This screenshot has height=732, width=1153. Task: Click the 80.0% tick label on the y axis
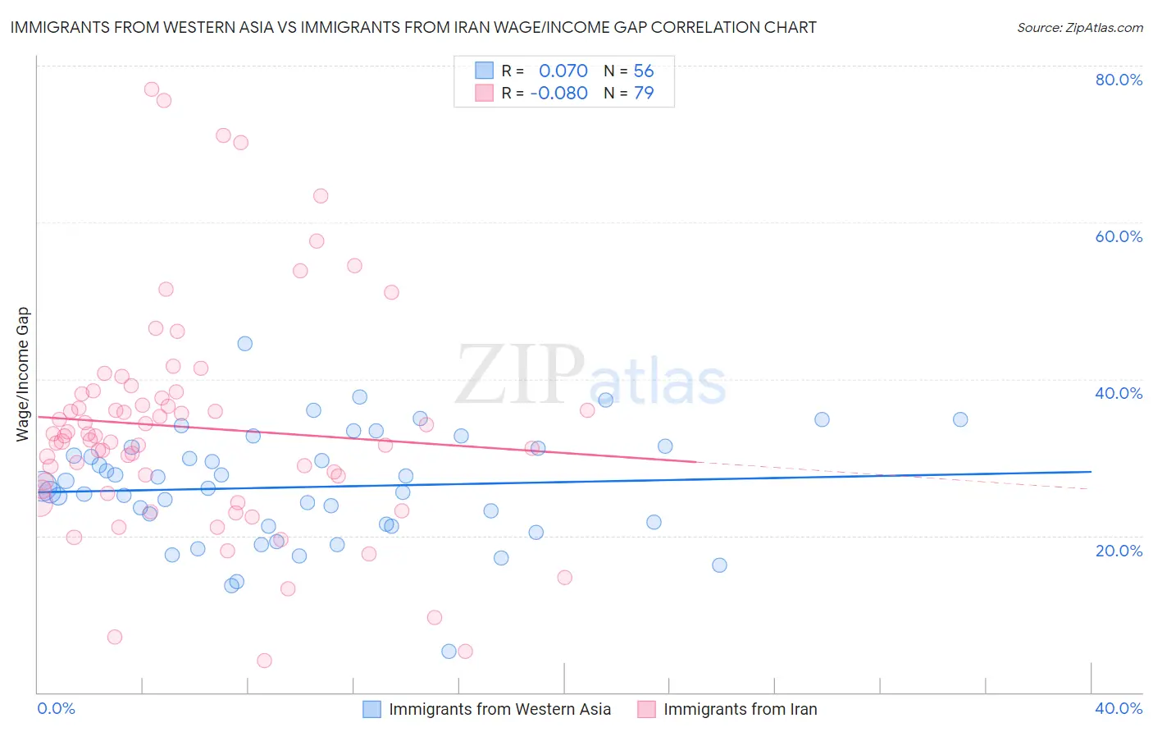tap(1119, 80)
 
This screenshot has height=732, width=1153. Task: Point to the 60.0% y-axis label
tap(1119, 236)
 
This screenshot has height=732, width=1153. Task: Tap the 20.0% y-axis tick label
tap(1119, 551)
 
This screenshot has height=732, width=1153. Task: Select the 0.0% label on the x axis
tap(56, 708)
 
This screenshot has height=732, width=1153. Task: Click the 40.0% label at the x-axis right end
tap(1119, 708)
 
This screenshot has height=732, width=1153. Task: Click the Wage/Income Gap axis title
tap(22, 374)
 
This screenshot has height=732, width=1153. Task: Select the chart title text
tap(413, 27)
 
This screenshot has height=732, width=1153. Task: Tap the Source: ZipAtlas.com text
tap(1079, 27)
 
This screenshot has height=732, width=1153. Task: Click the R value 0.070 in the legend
tap(563, 71)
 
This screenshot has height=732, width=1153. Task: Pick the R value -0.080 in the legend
tap(558, 93)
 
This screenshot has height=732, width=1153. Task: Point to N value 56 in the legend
tap(643, 71)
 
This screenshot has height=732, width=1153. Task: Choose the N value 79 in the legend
tap(643, 93)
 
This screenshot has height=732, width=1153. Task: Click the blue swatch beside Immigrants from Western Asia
tap(371, 709)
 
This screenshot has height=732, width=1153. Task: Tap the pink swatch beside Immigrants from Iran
tap(646, 709)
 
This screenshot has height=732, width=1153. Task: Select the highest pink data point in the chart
tap(151, 89)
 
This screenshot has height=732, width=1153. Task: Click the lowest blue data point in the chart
tap(449, 652)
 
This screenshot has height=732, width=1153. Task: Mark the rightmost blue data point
tap(960, 419)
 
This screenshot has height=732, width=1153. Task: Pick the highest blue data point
tap(244, 344)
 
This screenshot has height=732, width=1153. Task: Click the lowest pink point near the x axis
tap(264, 661)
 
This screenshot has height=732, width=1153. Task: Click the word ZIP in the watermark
tap(520, 375)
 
